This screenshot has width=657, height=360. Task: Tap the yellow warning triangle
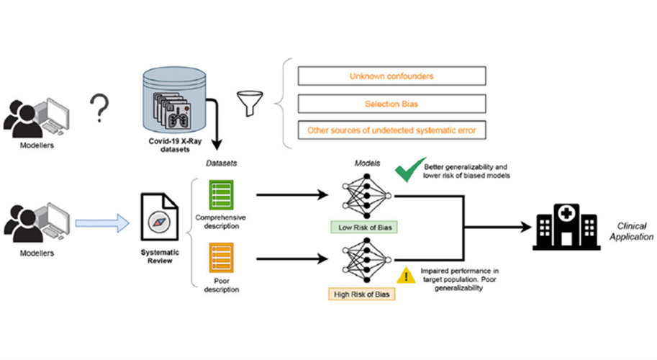407,274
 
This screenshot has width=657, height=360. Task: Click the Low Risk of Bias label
363,228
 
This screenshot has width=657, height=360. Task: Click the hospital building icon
568,224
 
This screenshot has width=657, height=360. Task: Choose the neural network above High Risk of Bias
363,260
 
